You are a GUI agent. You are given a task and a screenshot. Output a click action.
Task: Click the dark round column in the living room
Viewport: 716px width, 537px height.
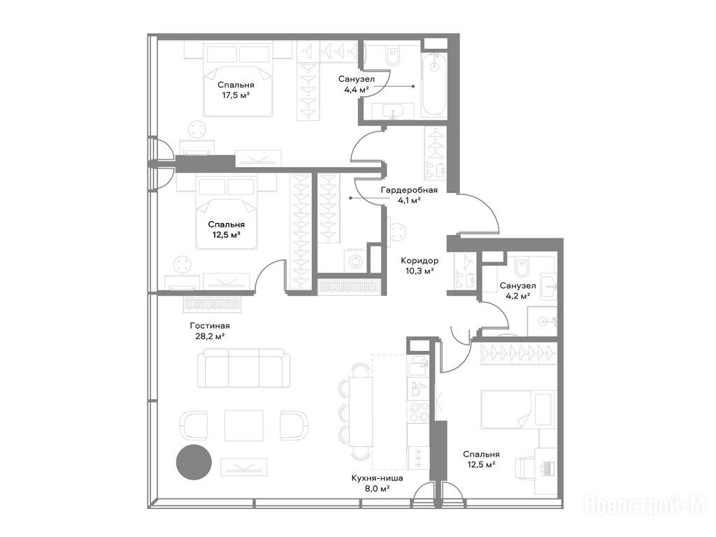(193, 461)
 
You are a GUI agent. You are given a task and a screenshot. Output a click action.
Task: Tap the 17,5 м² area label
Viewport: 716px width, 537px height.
(236, 95)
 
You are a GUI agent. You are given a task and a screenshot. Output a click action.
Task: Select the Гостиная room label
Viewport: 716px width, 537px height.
(210, 326)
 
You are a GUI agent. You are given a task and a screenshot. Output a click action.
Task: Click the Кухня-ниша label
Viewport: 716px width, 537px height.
(377, 479)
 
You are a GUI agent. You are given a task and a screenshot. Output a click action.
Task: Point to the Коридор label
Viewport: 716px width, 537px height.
(420, 259)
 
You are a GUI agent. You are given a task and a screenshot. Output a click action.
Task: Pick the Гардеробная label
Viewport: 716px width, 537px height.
(409, 190)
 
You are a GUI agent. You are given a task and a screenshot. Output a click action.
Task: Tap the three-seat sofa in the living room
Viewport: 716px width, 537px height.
(243, 369)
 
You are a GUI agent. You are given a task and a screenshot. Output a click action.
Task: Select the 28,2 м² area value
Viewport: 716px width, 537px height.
(210, 336)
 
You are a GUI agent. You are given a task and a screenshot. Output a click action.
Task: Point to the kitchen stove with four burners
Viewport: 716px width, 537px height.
(417, 408)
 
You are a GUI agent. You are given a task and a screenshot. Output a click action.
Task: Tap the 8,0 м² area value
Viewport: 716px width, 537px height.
(377, 489)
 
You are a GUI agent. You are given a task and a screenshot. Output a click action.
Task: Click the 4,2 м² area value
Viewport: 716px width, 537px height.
(517, 296)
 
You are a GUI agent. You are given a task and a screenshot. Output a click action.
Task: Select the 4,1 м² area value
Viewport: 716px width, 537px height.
(409, 201)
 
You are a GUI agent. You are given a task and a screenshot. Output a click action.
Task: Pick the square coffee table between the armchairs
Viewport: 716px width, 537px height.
(243, 425)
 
